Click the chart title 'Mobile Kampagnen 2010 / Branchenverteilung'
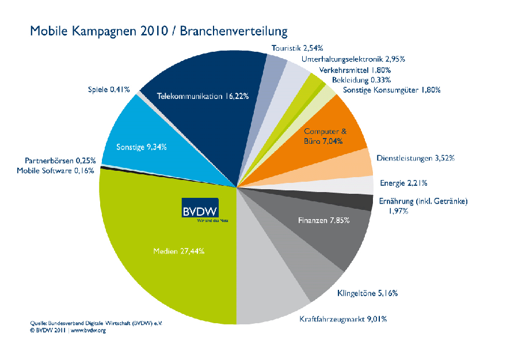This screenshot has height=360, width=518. click(159, 32)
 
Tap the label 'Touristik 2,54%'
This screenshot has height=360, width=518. click(298, 48)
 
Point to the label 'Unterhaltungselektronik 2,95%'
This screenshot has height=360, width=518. click(353, 59)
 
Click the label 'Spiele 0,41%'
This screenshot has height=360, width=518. click(109, 89)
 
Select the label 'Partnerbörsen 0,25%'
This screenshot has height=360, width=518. click(60, 160)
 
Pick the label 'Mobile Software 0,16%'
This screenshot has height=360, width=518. click(55, 171)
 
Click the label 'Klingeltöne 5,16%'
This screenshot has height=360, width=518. click(367, 293)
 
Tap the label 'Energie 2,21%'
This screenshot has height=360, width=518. click(403, 183)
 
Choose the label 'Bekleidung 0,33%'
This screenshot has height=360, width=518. click(361, 80)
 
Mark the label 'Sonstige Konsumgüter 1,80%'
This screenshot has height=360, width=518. click(392, 90)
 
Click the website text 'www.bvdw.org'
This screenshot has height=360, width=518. click(88, 330)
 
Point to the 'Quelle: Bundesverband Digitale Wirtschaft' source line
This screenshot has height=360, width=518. click(96, 323)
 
